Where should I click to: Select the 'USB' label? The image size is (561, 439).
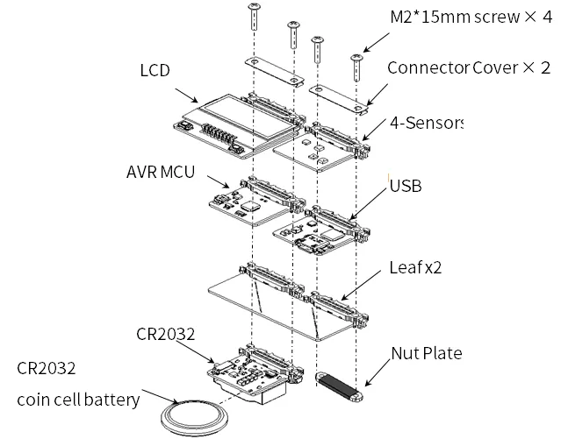tap(404, 186)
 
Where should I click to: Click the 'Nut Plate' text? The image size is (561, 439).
tap(426, 354)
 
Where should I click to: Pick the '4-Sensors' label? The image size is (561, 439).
tap(424, 123)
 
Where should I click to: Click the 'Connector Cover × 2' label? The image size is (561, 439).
tap(469, 67)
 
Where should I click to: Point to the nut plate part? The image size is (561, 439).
tap(339, 386)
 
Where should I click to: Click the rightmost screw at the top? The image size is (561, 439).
tap(356, 66)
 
